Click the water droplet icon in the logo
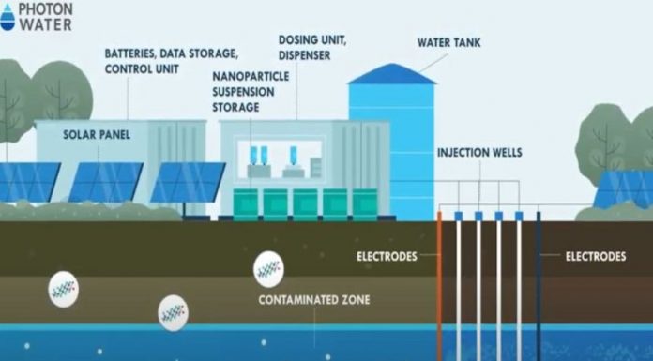8,18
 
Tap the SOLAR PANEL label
97,134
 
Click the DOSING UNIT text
309,40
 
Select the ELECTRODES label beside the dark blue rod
596,255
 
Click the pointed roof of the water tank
391,73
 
